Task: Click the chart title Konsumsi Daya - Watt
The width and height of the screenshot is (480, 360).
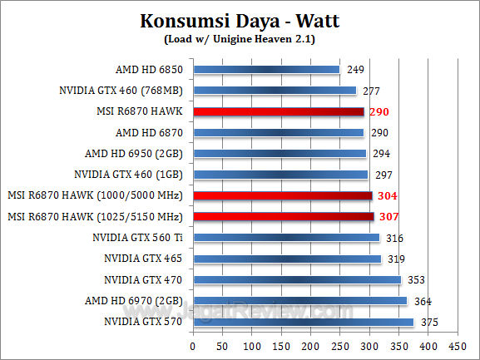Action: (x=240, y=21)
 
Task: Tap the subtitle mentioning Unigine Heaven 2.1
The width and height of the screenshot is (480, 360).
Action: (x=240, y=37)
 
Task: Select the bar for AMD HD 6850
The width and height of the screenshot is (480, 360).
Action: (x=266, y=69)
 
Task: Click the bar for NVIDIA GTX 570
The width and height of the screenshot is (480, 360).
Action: (x=303, y=322)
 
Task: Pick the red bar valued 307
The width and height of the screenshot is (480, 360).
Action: (x=283, y=217)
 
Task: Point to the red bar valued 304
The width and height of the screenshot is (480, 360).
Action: (x=282, y=195)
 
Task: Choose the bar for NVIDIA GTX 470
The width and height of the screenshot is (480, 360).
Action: (x=296, y=280)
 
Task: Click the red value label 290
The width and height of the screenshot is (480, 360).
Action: (x=380, y=111)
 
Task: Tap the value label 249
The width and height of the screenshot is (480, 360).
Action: (x=356, y=69)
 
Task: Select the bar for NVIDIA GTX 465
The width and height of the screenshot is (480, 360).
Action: (x=286, y=259)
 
